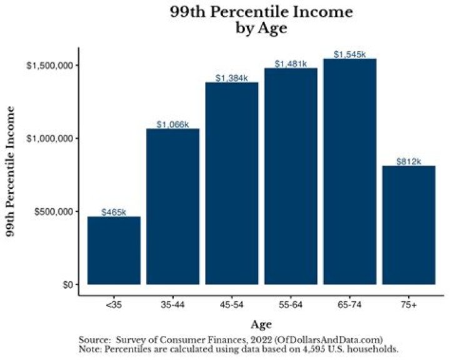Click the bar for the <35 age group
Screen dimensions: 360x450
pos(114,250)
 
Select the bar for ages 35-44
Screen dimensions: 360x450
pos(172,206)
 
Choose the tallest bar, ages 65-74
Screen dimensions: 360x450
pos(350,172)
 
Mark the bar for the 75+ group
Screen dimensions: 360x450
pos(409,225)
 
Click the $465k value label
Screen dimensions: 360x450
pos(114,212)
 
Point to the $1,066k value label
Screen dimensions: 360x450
pos(172,125)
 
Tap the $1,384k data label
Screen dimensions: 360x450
pos(232,78)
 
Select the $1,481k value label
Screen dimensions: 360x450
pos(291,64)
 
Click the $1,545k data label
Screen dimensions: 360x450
pos(350,55)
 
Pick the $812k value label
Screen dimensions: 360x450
pos(409,162)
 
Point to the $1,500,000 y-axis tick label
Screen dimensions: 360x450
pos(51,66)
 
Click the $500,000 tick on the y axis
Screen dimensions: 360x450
pos(54,211)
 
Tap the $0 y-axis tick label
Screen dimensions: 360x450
pos(66,284)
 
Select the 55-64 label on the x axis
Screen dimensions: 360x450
pos(291,304)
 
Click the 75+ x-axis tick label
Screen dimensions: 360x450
pos(409,304)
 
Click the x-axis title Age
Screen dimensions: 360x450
pos(261,324)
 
